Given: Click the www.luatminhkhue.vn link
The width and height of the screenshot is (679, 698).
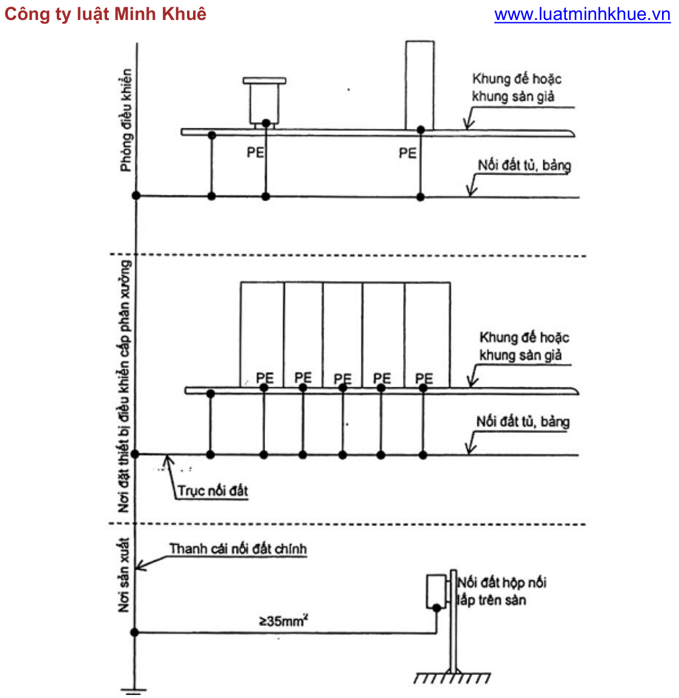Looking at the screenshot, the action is click(x=582, y=15).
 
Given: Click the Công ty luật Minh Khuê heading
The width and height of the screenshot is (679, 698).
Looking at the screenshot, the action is click(x=105, y=15).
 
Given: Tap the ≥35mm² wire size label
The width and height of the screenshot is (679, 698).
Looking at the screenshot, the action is click(x=284, y=620).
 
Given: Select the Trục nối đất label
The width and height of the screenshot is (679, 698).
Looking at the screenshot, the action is click(x=212, y=490).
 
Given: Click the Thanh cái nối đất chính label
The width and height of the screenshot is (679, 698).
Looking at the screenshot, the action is click(x=238, y=548).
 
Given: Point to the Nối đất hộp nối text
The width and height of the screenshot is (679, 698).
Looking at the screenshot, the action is click(x=502, y=582).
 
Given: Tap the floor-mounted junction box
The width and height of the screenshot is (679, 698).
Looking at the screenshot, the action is click(x=436, y=591).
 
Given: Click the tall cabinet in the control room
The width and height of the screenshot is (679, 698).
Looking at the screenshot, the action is click(x=419, y=85).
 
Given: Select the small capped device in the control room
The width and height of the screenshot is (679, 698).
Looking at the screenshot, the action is click(x=264, y=102).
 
